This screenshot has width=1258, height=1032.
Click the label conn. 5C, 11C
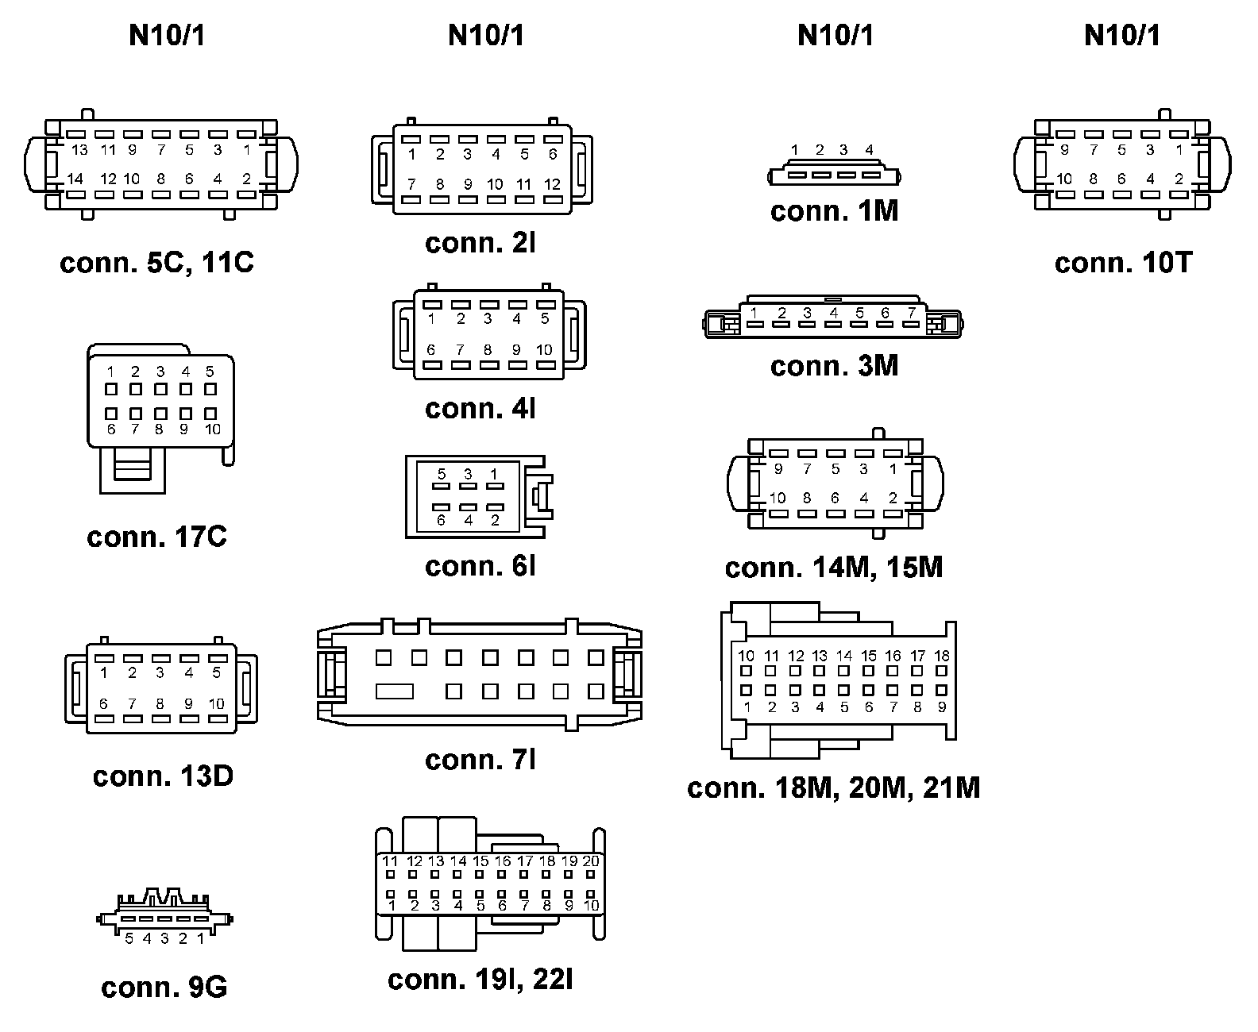pos(156,262)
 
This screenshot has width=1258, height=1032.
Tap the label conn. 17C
pos(156,537)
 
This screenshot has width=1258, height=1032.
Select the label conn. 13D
pos(163,776)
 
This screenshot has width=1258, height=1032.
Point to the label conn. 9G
pos(164,987)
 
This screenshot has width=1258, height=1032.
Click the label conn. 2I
pos(480,243)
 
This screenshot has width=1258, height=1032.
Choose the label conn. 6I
pos(480,566)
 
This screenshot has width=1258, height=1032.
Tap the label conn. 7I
pos(480,760)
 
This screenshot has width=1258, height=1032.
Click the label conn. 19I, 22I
pos(480,980)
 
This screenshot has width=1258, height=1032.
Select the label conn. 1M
pos(834,211)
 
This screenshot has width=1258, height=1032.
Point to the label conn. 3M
pos(834,366)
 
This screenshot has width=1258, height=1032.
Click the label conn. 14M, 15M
pos(834,568)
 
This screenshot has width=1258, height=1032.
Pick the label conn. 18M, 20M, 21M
pos(834,787)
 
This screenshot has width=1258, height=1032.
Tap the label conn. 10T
pos(1123,263)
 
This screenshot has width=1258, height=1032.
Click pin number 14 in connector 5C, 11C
pos(75,179)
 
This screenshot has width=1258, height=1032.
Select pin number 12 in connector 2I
pos(553,184)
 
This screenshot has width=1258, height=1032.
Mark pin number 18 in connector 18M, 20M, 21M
pos(942,656)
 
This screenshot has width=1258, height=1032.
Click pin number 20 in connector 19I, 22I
pos(591,861)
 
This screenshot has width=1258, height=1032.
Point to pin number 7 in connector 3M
pos(912,313)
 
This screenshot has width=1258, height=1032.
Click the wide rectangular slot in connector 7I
pos(395,691)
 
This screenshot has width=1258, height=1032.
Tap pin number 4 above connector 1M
pos(869,149)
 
